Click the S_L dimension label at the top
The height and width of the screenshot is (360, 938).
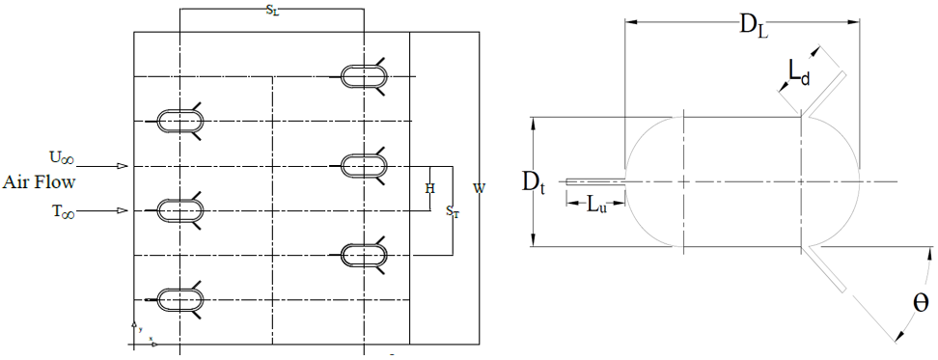point(272,12)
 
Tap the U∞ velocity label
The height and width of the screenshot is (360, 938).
point(62,158)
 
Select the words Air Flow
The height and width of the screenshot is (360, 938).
point(39,182)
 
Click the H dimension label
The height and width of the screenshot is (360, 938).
point(429,188)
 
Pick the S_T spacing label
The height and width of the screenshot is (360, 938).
point(453,211)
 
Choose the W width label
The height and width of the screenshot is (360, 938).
point(479,188)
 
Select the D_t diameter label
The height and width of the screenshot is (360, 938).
point(537,183)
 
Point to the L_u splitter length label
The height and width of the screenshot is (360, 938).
point(595,206)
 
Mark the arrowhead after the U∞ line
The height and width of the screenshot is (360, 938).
point(122,166)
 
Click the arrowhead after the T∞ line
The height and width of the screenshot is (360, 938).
point(122,210)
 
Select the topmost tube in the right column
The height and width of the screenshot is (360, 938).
point(364,76)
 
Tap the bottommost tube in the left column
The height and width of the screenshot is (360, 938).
point(179,299)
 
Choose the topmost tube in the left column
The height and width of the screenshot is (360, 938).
point(179,122)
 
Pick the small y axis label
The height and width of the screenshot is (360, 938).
point(140,329)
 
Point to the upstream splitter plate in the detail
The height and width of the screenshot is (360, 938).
point(595,181)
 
